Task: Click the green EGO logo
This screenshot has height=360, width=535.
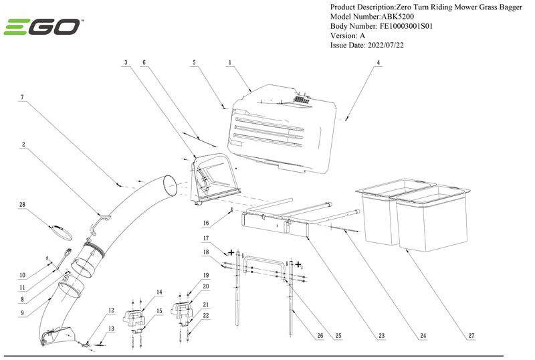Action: (43, 27)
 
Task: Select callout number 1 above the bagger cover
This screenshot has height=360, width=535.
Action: (229, 62)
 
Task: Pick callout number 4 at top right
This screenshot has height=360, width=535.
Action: (378, 62)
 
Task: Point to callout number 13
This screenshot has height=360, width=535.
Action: (112, 329)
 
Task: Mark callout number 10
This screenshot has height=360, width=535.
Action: (22, 275)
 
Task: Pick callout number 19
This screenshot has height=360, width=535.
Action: (206, 275)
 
